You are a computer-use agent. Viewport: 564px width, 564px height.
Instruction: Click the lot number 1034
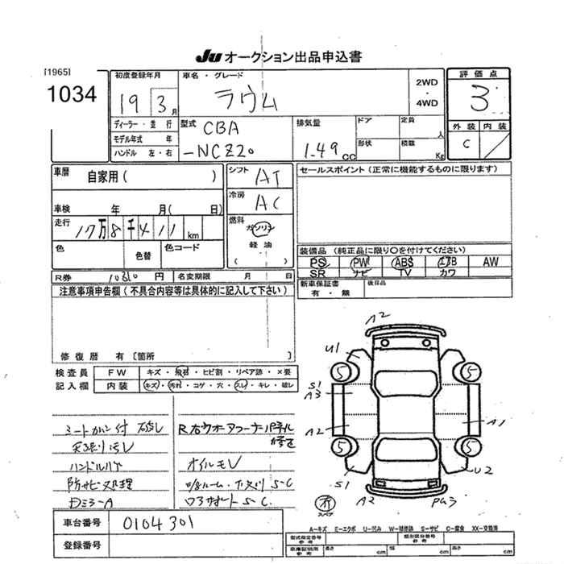coord(71,94)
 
